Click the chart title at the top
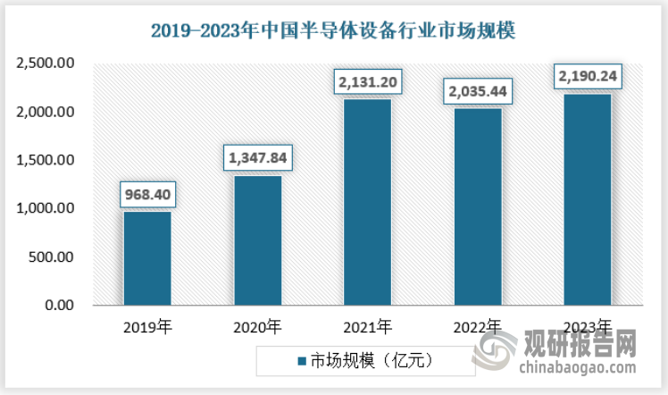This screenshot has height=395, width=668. (x=334, y=31)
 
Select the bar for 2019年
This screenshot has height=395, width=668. (x=147, y=258)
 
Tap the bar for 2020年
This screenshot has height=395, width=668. (x=257, y=240)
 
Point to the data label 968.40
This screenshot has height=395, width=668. (x=147, y=193)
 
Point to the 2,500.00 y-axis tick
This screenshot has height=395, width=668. (x=44, y=64)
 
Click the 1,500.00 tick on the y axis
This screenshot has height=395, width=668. (x=44, y=161)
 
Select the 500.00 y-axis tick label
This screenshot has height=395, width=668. (x=50, y=257)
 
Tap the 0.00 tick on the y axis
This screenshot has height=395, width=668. (x=59, y=306)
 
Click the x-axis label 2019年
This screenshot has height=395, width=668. (x=147, y=326)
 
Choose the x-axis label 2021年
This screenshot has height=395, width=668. (x=367, y=326)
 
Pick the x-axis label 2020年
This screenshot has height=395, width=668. (x=257, y=326)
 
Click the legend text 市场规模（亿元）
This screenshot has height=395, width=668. (x=371, y=362)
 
